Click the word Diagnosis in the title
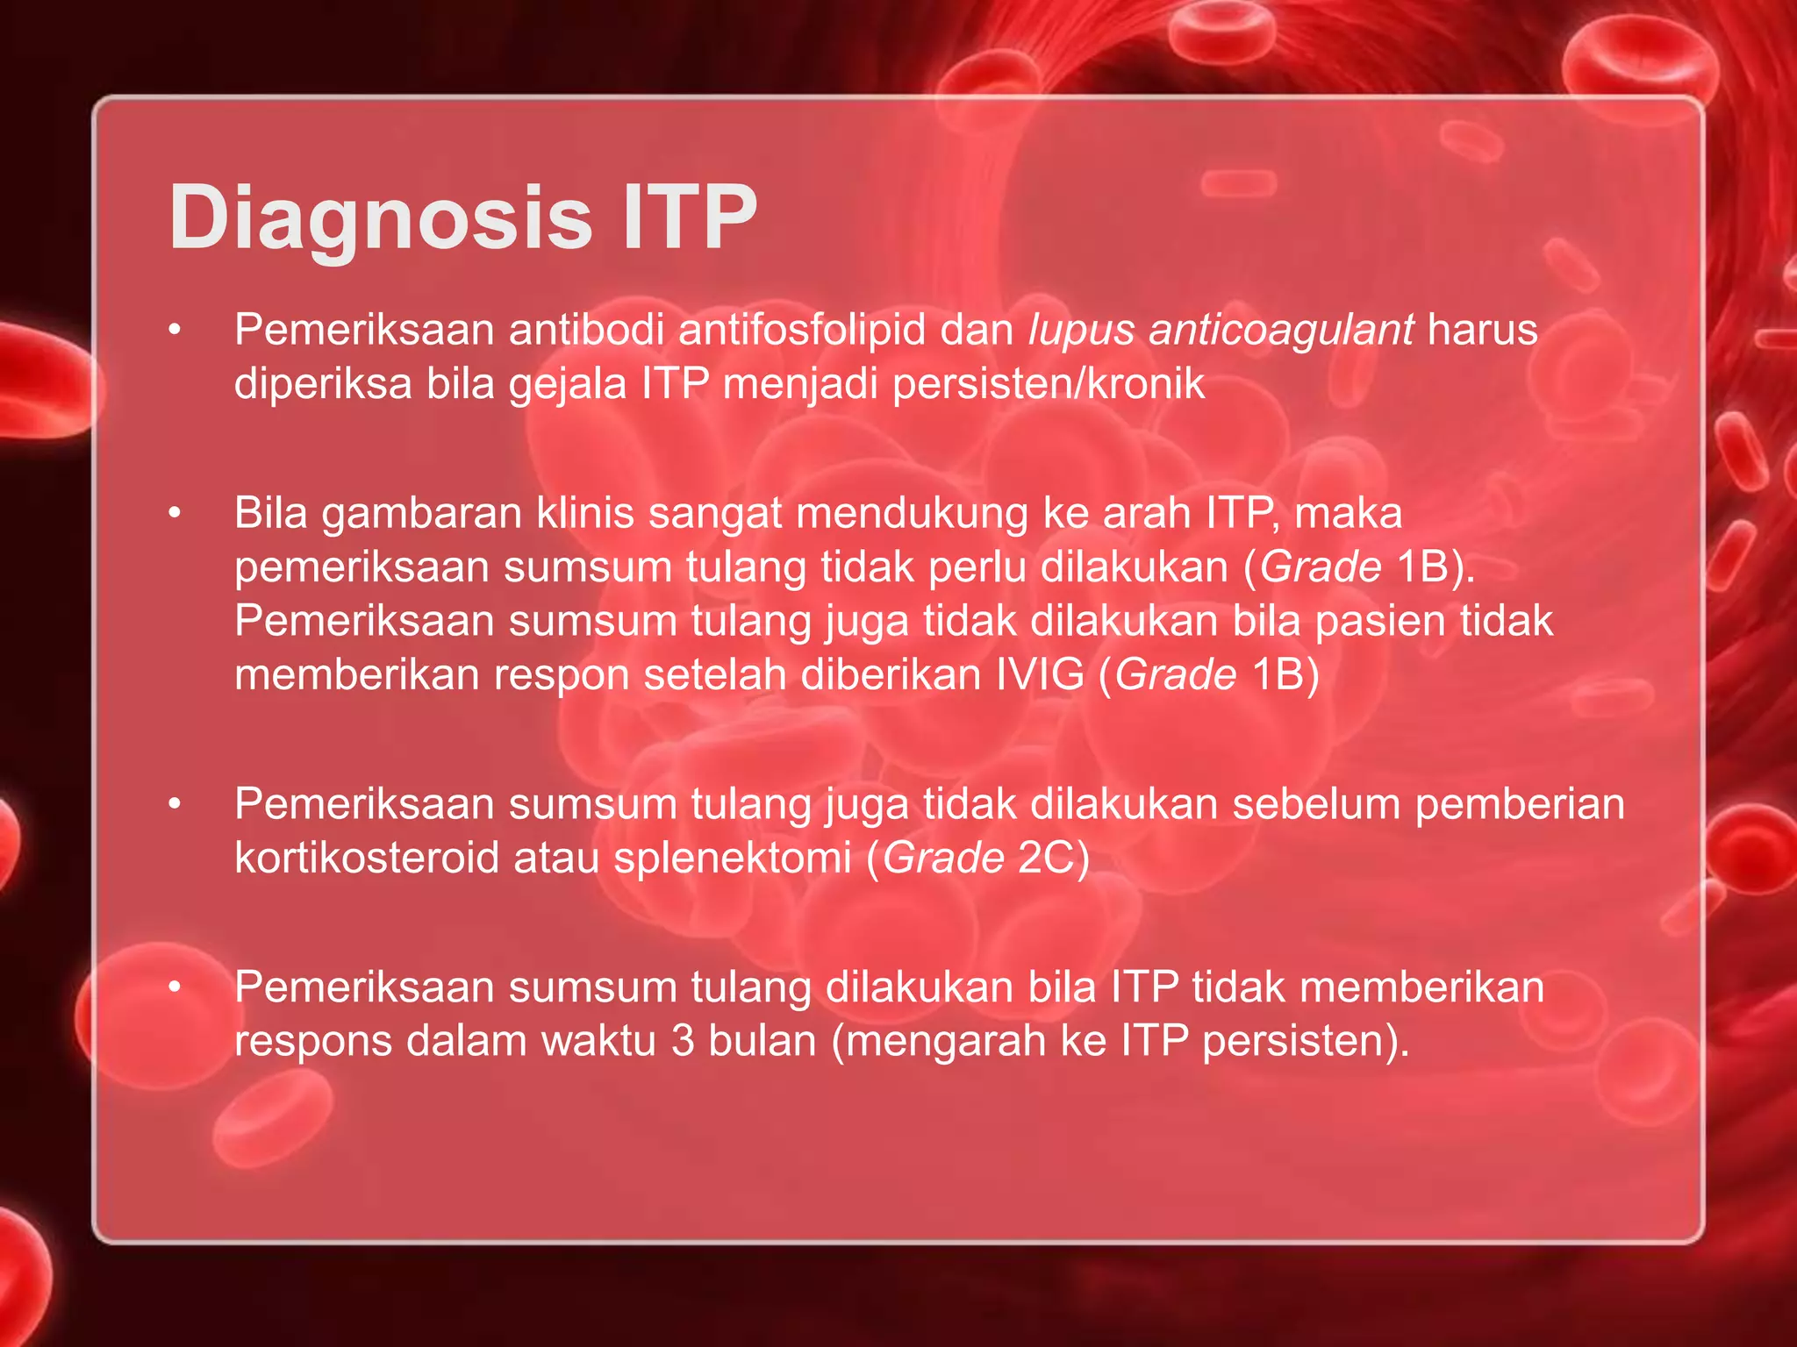click(380, 217)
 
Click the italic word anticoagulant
click(1280, 331)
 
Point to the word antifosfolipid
click(802, 331)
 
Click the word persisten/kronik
click(1049, 384)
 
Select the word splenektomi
click(732, 858)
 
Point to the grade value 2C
click(1046, 858)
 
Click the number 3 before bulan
click(683, 1041)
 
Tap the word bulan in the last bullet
click(762, 1041)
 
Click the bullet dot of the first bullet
click(175, 331)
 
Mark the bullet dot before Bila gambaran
click(175, 513)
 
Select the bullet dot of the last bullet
click(175, 987)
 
